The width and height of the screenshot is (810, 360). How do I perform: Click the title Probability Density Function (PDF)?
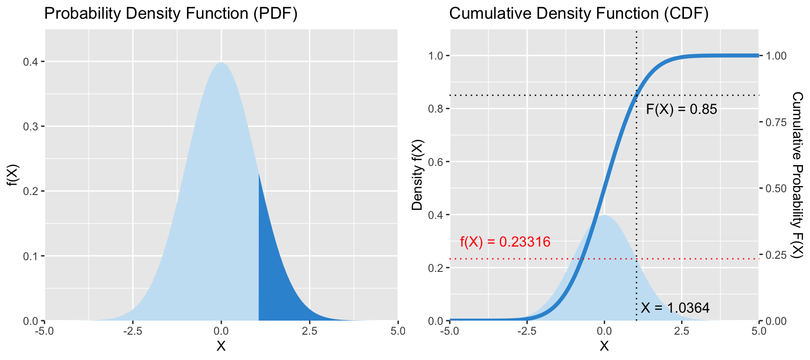pyautogui.click(x=171, y=14)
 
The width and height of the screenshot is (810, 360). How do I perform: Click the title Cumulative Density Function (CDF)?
pyautogui.click(x=578, y=14)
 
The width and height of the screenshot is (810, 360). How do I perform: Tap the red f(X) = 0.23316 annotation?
pyautogui.click(x=505, y=242)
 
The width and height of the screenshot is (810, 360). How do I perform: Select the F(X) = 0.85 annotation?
pyautogui.click(x=681, y=109)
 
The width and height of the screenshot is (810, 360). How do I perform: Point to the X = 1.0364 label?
pyautogui.click(x=675, y=308)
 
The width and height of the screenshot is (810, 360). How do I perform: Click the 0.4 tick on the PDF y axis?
pyautogui.click(x=31, y=62)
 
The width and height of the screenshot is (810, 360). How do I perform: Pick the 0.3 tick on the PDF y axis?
pyautogui.click(x=31, y=127)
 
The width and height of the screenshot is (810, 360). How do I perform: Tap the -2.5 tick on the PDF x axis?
pyautogui.click(x=133, y=331)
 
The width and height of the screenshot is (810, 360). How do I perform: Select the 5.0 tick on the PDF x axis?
pyautogui.click(x=397, y=331)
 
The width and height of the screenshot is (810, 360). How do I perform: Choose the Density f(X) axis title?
pyautogui.click(x=417, y=175)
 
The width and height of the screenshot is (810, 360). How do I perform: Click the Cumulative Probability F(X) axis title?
pyautogui.click(x=797, y=175)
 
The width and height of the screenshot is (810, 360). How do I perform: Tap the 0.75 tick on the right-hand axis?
pyautogui.click(x=776, y=122)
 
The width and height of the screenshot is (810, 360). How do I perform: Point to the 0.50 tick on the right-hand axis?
pyautogui.click(x=776, y=188)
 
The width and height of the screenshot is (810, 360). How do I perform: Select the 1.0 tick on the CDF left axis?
pyautogui.click(x=436, y=56)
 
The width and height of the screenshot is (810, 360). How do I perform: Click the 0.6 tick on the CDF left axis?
pyautogui.click(x=436, y=162)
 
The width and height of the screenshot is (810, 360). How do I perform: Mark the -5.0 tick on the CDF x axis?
pyautogui.click(x=450, y=331)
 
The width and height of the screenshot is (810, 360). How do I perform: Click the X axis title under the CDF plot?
pyautogui.click(x=604, y=346)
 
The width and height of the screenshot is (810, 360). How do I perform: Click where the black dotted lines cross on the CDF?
pyautogui.click(x=636, y=95)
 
